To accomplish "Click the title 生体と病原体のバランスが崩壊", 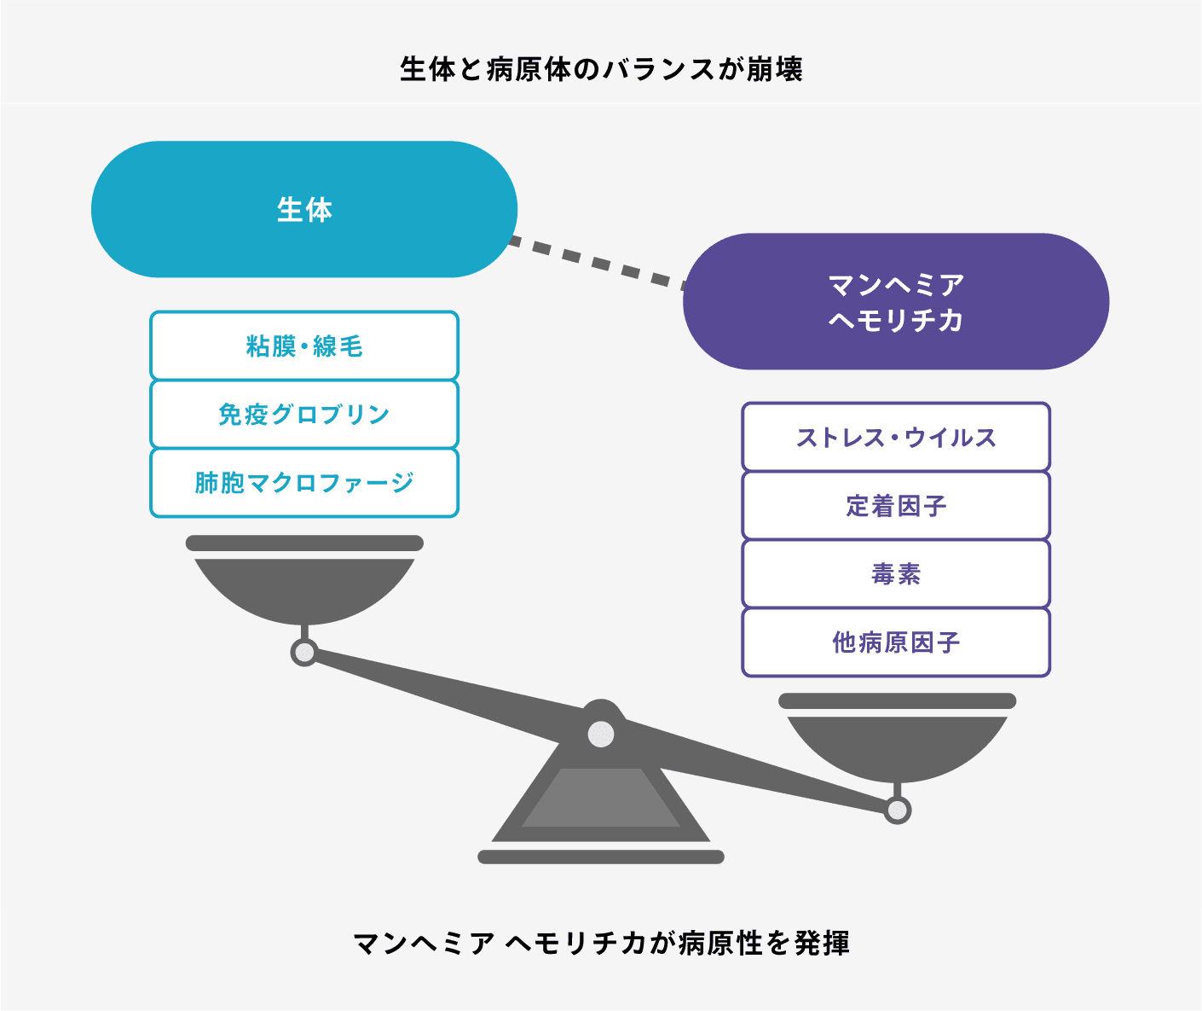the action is [x=601, y=69].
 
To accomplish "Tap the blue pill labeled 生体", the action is [x=304, y=209].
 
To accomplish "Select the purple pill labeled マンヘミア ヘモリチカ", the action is [x=896, y=301].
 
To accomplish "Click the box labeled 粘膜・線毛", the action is [x=304, y=346].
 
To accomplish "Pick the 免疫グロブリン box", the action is [x=304, y=414].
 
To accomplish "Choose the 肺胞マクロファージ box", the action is [x=304, y=483].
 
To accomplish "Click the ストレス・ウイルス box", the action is [x=896, y=437].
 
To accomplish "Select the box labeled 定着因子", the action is [x=896, y=505].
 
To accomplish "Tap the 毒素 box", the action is [x=896, y=574].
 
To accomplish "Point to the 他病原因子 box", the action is [x=896, y=642].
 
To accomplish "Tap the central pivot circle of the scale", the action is [x=601, y=735].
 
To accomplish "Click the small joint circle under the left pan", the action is [x=304, y=653].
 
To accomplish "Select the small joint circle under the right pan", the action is [x=897, y=811].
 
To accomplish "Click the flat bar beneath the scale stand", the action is [x=601, y=857].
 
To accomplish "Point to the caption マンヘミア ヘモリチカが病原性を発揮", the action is [x=601, y=944].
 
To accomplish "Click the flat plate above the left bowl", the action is [x=304, y=543].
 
